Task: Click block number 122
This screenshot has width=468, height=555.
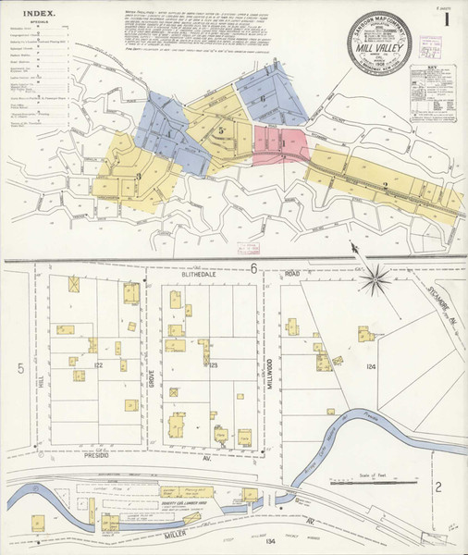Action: (97, 366)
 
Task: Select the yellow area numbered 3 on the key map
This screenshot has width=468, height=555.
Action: (138, 176)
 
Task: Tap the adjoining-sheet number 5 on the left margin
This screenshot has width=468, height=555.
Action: (18, 368)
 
